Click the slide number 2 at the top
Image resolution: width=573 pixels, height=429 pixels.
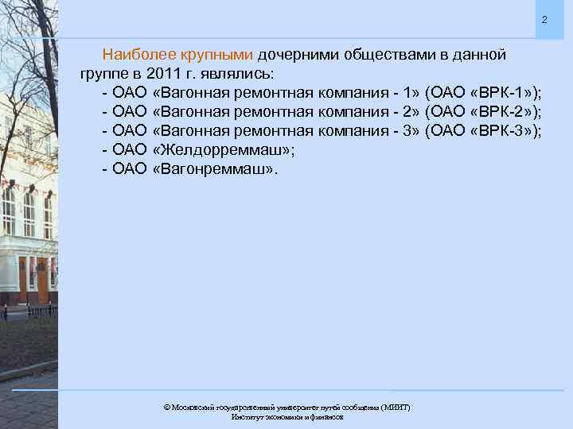pyautogui.click(x=544, y=19)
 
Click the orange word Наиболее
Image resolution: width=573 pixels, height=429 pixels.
pyautogui.click(x=136, y=56)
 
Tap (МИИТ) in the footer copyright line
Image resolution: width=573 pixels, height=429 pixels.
pyautogui.click(x=395, y=407)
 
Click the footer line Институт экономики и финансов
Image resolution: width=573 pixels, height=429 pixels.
pyautogui.click(x=286, y=416)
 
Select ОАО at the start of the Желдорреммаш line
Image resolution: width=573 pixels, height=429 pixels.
pyautogui.click(x=131, y=150)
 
